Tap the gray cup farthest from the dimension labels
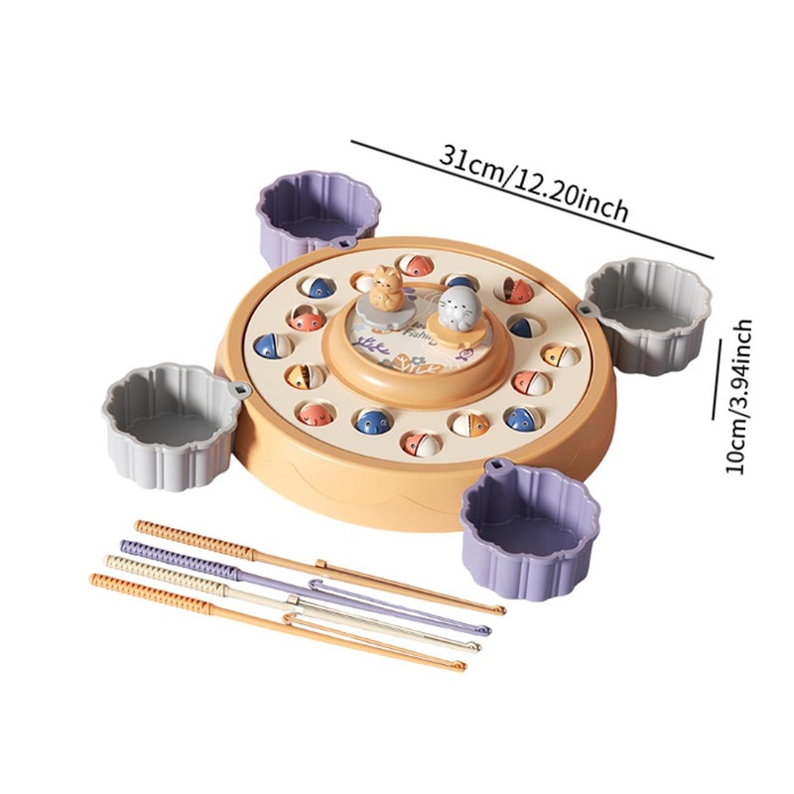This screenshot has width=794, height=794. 171,422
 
